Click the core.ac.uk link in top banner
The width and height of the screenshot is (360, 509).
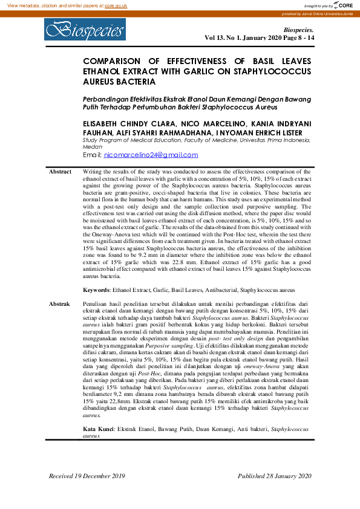coord(116,5)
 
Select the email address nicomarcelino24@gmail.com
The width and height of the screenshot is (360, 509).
coord(151,155)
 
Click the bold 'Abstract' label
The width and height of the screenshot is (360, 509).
coord(60,172)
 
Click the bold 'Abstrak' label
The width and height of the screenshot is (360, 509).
coord(59,303)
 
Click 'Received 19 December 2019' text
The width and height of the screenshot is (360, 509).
coord(87,476)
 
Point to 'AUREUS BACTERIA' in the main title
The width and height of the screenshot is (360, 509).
coord(119,82)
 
